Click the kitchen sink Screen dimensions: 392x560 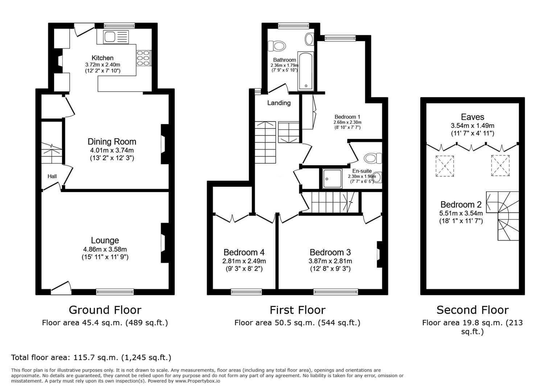116,37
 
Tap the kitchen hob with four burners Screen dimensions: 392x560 143,58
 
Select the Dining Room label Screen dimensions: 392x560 112,142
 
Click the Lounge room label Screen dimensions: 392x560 105,240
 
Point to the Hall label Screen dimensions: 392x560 52,176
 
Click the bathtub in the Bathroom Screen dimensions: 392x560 306,72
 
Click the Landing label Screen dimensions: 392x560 279,103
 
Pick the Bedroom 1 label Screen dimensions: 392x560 347,117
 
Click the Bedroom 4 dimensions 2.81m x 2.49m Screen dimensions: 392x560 244,261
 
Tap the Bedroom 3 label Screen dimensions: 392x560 330,252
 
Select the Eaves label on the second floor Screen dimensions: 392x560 472,117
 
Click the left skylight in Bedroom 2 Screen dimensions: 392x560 445,166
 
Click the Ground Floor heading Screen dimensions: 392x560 105,310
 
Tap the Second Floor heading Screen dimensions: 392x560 472,310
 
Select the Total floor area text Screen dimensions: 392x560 91,357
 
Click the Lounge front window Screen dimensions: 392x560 115,291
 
